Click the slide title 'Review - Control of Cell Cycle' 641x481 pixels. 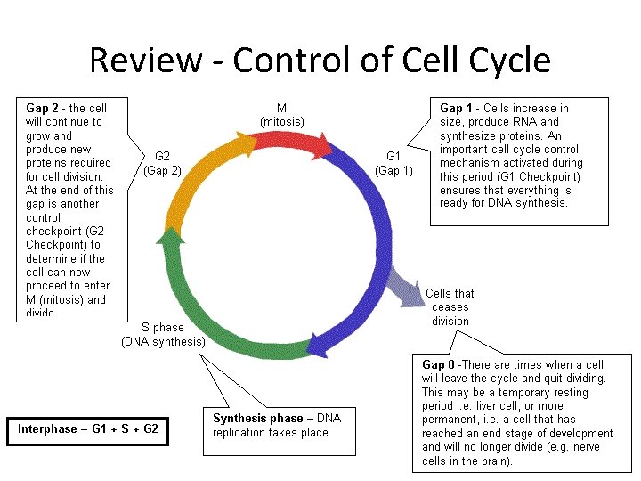[320, 61]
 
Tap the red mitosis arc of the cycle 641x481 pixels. [283, 135]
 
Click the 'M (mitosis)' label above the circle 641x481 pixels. [281, 115]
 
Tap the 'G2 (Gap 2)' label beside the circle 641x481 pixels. [162, 163]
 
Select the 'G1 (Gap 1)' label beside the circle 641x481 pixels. [394, 163]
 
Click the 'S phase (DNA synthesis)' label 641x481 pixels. [163, 334]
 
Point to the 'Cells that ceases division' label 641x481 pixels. [450, 307]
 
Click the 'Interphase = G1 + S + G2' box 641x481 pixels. [88, 429]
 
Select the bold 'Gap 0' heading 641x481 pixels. [439, 365]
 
